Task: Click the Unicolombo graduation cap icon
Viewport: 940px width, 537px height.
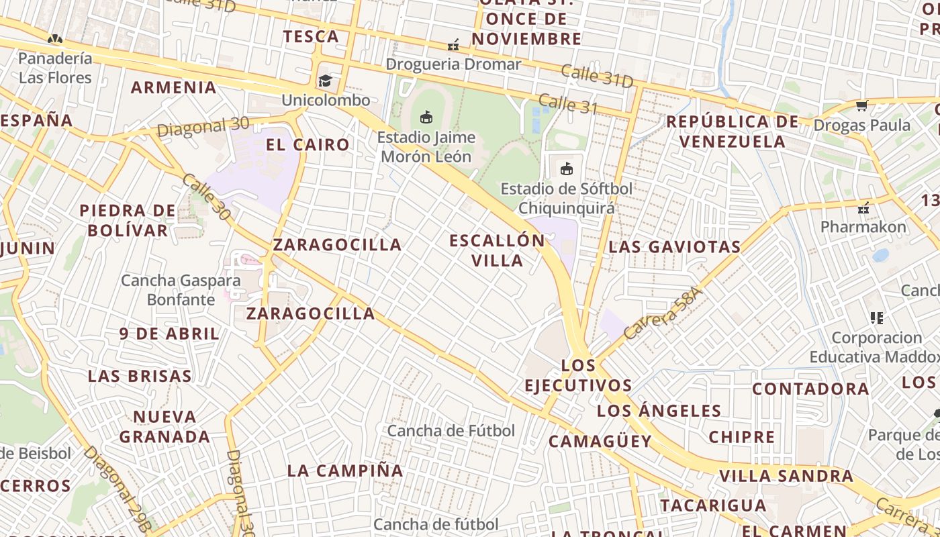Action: pos(325,81)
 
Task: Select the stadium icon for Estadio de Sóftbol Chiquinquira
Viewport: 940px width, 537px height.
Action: pos(567,168)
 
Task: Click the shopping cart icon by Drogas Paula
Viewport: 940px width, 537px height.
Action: pos(861,105)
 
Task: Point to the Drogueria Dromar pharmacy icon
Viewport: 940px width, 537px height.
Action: pos(454,45)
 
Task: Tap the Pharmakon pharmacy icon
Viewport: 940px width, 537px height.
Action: pos(864,207)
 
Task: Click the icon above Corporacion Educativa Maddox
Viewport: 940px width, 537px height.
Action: pos(876,318)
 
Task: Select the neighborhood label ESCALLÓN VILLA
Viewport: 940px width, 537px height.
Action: pos(498,250)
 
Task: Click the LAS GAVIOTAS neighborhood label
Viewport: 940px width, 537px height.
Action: pos(674,247)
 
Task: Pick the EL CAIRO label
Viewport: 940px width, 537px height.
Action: pos(308,144)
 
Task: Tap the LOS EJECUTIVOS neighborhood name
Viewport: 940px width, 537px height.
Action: pos(578,375)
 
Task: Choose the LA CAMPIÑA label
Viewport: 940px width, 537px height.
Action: pos(345,471)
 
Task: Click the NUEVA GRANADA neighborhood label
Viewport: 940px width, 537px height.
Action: pos(164,426)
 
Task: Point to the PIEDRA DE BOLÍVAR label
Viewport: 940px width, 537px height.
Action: pos(128,220)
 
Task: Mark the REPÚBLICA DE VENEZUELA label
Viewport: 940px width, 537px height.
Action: pos(733,132)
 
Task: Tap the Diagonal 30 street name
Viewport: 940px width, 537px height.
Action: pos(203,126)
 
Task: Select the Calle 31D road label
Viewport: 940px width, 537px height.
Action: pos(597,76)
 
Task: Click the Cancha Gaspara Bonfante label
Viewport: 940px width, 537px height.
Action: pos(181,289)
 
